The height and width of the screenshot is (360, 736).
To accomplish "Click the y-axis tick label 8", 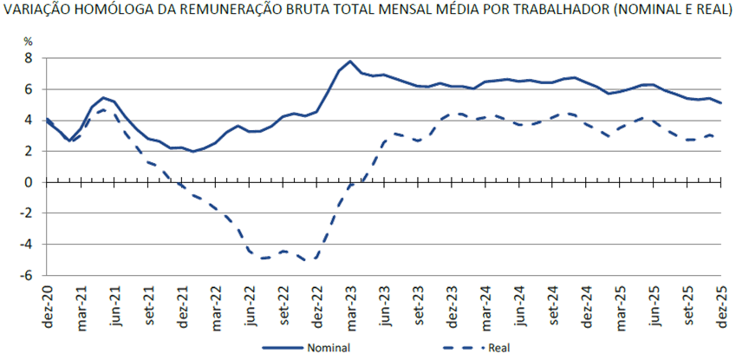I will [28, 57].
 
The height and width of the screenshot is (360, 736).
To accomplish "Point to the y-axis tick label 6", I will [28, 88].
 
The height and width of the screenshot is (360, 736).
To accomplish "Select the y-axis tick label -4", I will [26, 244].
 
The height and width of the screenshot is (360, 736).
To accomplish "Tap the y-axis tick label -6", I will [26, 275].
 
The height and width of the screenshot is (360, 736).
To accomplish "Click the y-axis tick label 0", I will [28, 181].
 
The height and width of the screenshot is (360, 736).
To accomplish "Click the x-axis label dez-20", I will [48, 303].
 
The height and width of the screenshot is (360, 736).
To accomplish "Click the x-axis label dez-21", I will [183, 303].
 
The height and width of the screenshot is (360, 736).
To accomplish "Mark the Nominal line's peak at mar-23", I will [349, 62].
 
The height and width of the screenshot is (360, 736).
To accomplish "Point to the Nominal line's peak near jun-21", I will [104, 97].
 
